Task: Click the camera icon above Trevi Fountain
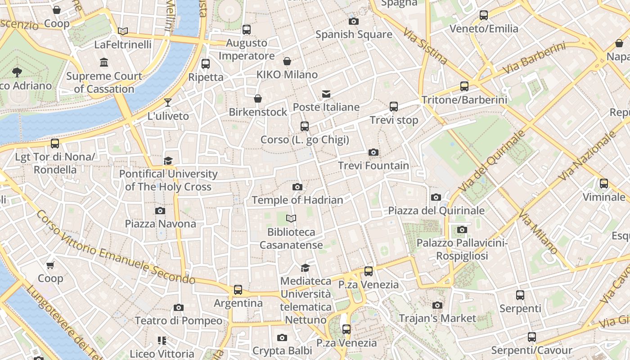(373, 153)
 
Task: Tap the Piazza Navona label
(160, 224)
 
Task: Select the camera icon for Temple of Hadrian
(297, 187)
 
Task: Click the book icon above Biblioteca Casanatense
(291, 219)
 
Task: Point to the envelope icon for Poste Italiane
(326, 94)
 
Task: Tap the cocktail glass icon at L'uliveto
(168, 103)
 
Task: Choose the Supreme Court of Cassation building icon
(104, 62)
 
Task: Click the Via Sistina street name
(425, 46)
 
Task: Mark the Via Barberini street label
(534, 58)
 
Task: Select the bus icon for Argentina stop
(238, 290)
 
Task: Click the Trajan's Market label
(437, 318)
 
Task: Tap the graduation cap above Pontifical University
(168, 161)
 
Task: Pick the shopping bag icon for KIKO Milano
(287, 61)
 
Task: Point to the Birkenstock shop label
(258, 112)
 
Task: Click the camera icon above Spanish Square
(353, 21)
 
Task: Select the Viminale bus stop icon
(604, 184)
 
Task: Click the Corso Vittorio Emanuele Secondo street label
(116, 248)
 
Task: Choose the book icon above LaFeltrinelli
(122, 31)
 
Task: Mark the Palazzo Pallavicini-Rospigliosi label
(462, 249)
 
